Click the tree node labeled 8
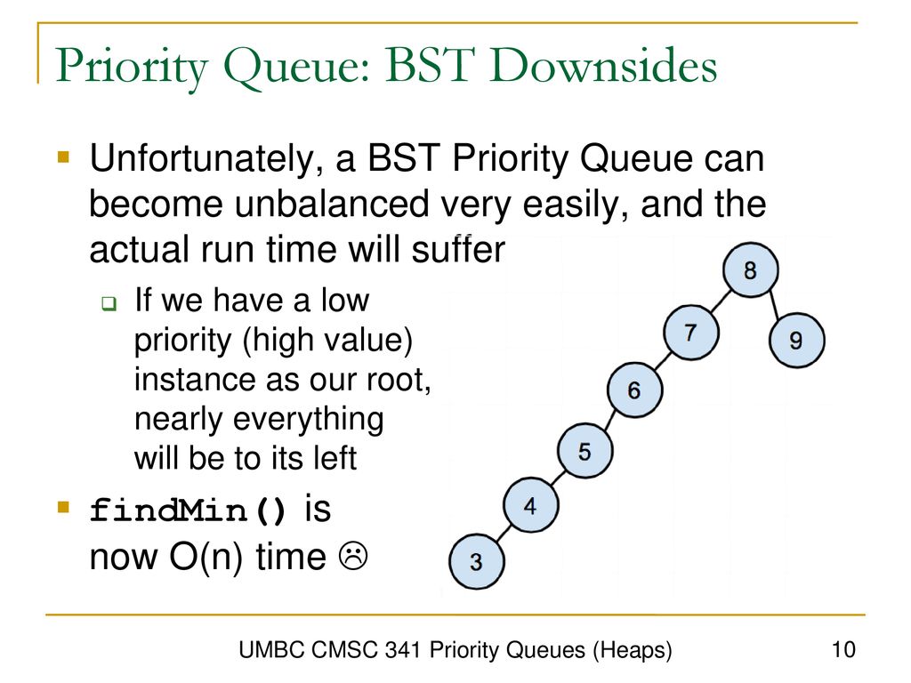click(750, 270)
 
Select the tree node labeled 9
click(796, 340)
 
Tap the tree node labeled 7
click(690, 333)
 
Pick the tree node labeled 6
click(634, 390)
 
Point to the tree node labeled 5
click(584, 451)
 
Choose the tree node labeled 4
click(530, 505)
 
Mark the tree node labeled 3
click(477, 562)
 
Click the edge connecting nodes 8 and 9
click(775, 304)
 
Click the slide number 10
click(843, 649)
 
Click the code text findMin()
click(188, 510)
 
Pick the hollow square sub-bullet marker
click(109, 303)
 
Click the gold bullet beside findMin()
click(63, 508)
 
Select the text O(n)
click(206, 557)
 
